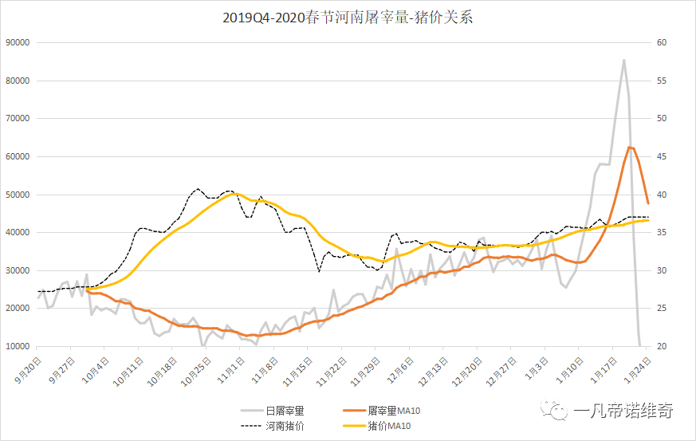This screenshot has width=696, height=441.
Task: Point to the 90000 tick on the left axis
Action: pos(18,43)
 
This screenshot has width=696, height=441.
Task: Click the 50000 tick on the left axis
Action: pos(18,195)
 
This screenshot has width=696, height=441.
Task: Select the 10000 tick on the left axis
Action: pos(18,347)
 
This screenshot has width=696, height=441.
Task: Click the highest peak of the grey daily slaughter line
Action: pos(623,60)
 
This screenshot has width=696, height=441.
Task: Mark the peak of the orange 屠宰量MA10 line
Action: pos(630,147)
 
